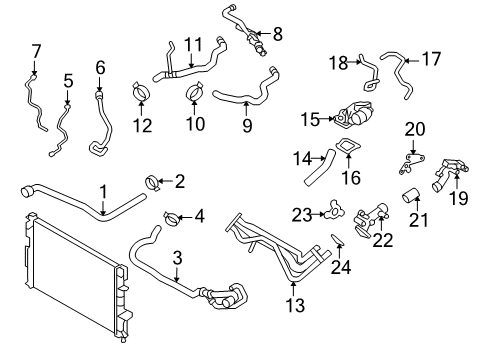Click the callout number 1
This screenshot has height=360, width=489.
(x=102, y=189)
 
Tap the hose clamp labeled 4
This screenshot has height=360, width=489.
(x=170, y=215)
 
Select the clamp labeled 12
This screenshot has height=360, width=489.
(x=140, y=95)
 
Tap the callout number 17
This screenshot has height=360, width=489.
(x=431, y=59)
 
